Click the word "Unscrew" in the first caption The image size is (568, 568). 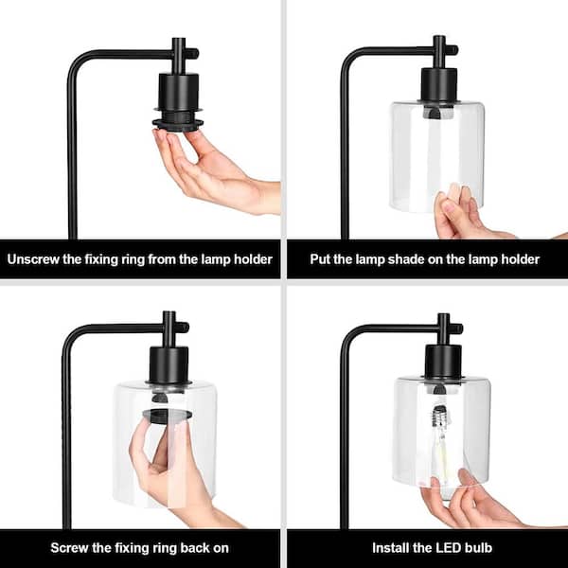36,259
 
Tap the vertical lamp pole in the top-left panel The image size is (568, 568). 70,161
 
